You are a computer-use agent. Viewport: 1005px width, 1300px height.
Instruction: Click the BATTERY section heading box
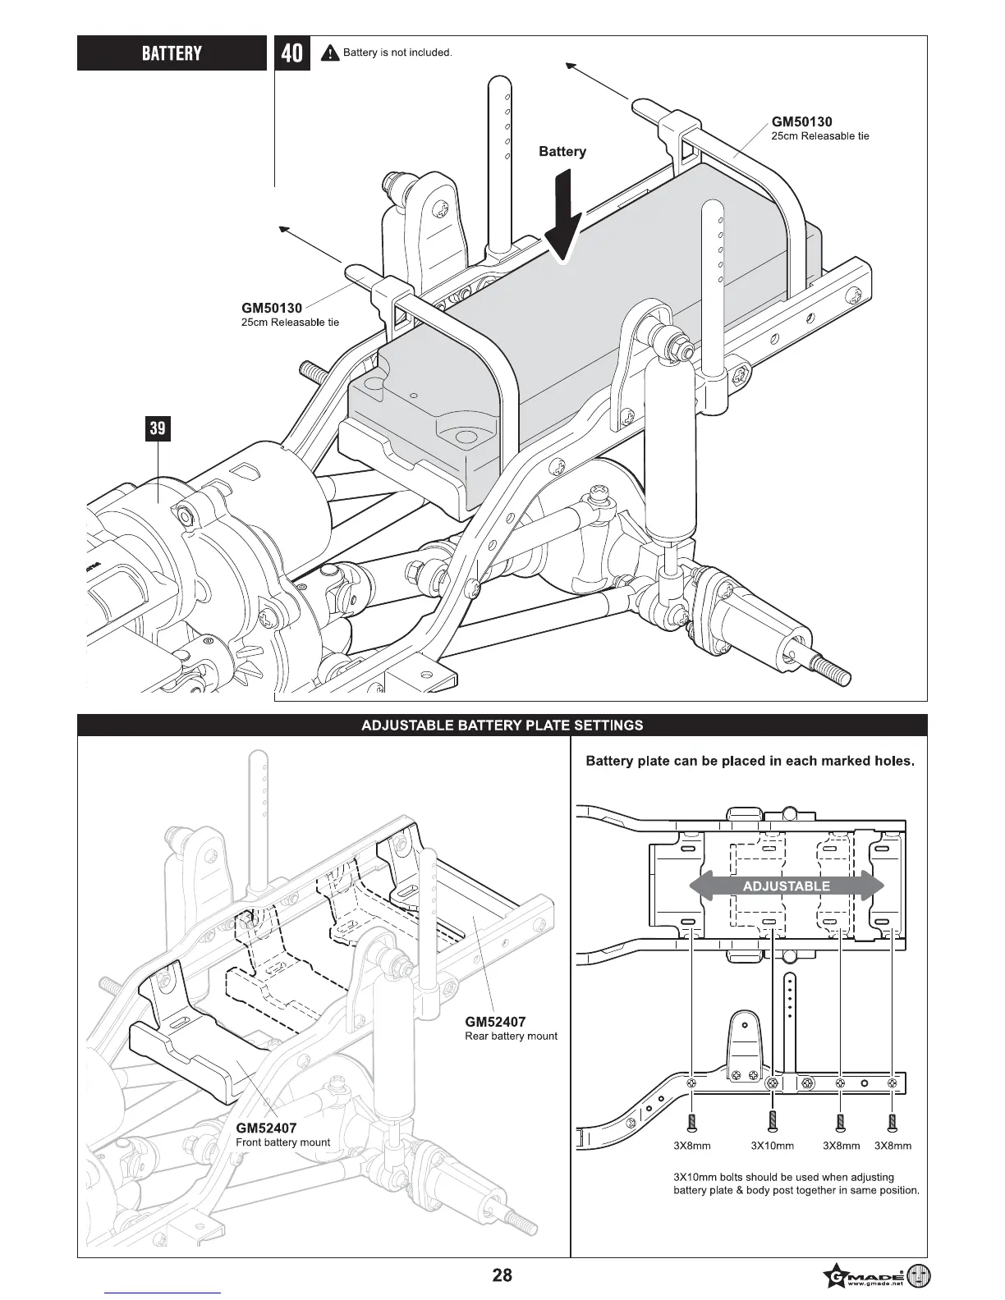tap(172, 53)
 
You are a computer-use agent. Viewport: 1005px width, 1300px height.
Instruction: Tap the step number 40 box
tap(291, 53)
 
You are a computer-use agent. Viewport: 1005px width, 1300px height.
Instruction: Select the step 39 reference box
tap(158, 428)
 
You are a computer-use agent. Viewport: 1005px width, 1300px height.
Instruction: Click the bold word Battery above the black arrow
tap(562, 152)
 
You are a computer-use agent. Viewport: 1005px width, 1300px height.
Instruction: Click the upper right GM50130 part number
tap(801, 122)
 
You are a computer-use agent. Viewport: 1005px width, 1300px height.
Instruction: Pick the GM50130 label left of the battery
tap(272, 309)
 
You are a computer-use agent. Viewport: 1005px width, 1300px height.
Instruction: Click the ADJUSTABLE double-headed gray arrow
tap(786, 886)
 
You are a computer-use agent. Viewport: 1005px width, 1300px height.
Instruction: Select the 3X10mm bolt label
tap(773, 1146)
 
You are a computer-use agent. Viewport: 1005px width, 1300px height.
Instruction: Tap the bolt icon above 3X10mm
tap(772, 1121)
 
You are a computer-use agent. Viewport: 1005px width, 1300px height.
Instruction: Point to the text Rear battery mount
tap(511, 1037)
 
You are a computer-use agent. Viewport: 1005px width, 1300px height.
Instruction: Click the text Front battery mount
tap(282, 1142)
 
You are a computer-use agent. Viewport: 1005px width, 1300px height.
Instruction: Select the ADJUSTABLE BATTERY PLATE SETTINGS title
tap(502, 726)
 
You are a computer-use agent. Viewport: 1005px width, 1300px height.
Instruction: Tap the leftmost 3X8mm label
tap(691, 1146)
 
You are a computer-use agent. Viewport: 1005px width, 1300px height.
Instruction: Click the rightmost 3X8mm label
tap(893, 1146)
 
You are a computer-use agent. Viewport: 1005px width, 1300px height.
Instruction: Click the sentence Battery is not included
tap(397, 53)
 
